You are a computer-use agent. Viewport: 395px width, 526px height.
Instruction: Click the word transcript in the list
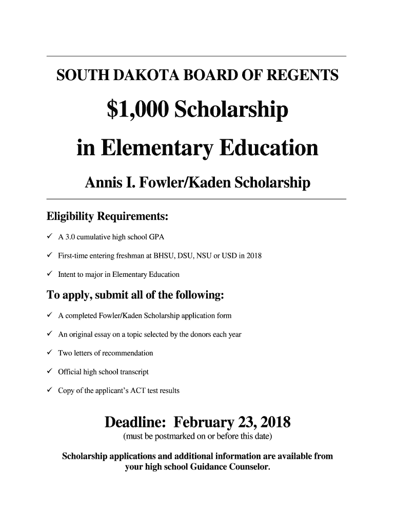coord(133,372)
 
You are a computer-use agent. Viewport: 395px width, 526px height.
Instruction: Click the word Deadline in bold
coord(135,423)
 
